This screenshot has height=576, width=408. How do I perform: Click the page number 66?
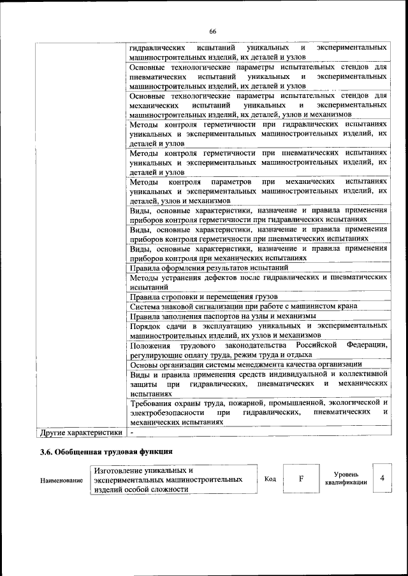pyautogui.click(x=212, y=31)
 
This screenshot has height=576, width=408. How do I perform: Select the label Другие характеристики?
pyautogui.click(x=81, y=432)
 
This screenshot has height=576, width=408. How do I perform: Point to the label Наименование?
pyautogui.click(x=62, y=480)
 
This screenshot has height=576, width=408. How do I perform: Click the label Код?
pyautogui.click(x=270, y=479)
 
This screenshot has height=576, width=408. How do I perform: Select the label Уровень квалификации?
pyautogui.click(x=345, y=479)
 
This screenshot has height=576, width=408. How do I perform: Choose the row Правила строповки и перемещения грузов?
pyautogui.click(x=203, y=296)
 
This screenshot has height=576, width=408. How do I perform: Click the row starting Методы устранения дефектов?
pyautogui.click(x=258, y=281)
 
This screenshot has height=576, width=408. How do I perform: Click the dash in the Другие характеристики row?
pyautogui.click(x=131, y=432)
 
